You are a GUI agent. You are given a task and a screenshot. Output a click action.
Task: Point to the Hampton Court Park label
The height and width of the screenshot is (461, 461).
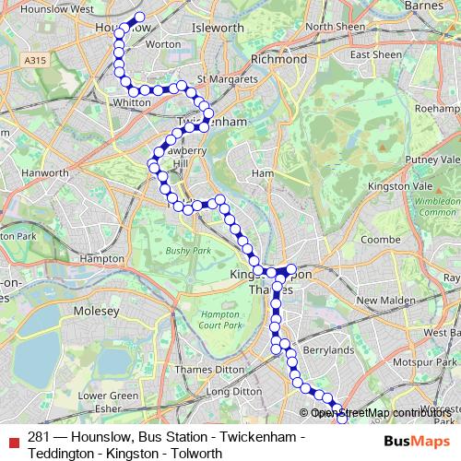pyautogui.click(x=220, y=320)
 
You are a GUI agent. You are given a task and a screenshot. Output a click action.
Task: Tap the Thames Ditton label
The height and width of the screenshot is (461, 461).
pyautogui.click(x=186, y=369)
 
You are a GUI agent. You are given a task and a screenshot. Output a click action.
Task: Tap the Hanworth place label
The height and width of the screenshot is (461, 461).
pyautogui.click(x=46, y=172)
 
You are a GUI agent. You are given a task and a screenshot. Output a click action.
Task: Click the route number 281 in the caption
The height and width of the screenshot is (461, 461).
pyautogui.click(x=39, y=437)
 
